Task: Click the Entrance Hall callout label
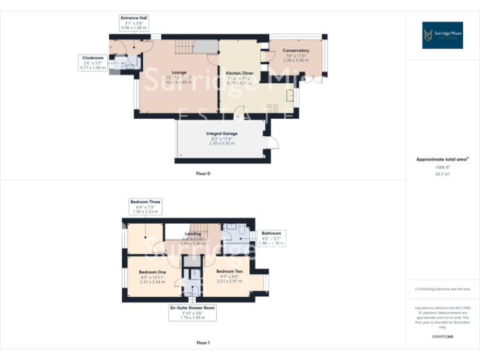[x=134, y=23]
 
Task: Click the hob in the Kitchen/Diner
[x=272, y=108]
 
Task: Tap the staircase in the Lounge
[x=183, y=47]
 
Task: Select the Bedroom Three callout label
[x=146, y=206]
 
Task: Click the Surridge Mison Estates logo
[x=442, y=36]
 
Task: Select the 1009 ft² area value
[x=442, y=167]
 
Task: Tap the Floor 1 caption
[x=203, y=342]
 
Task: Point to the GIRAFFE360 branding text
[x=442, y=337]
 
